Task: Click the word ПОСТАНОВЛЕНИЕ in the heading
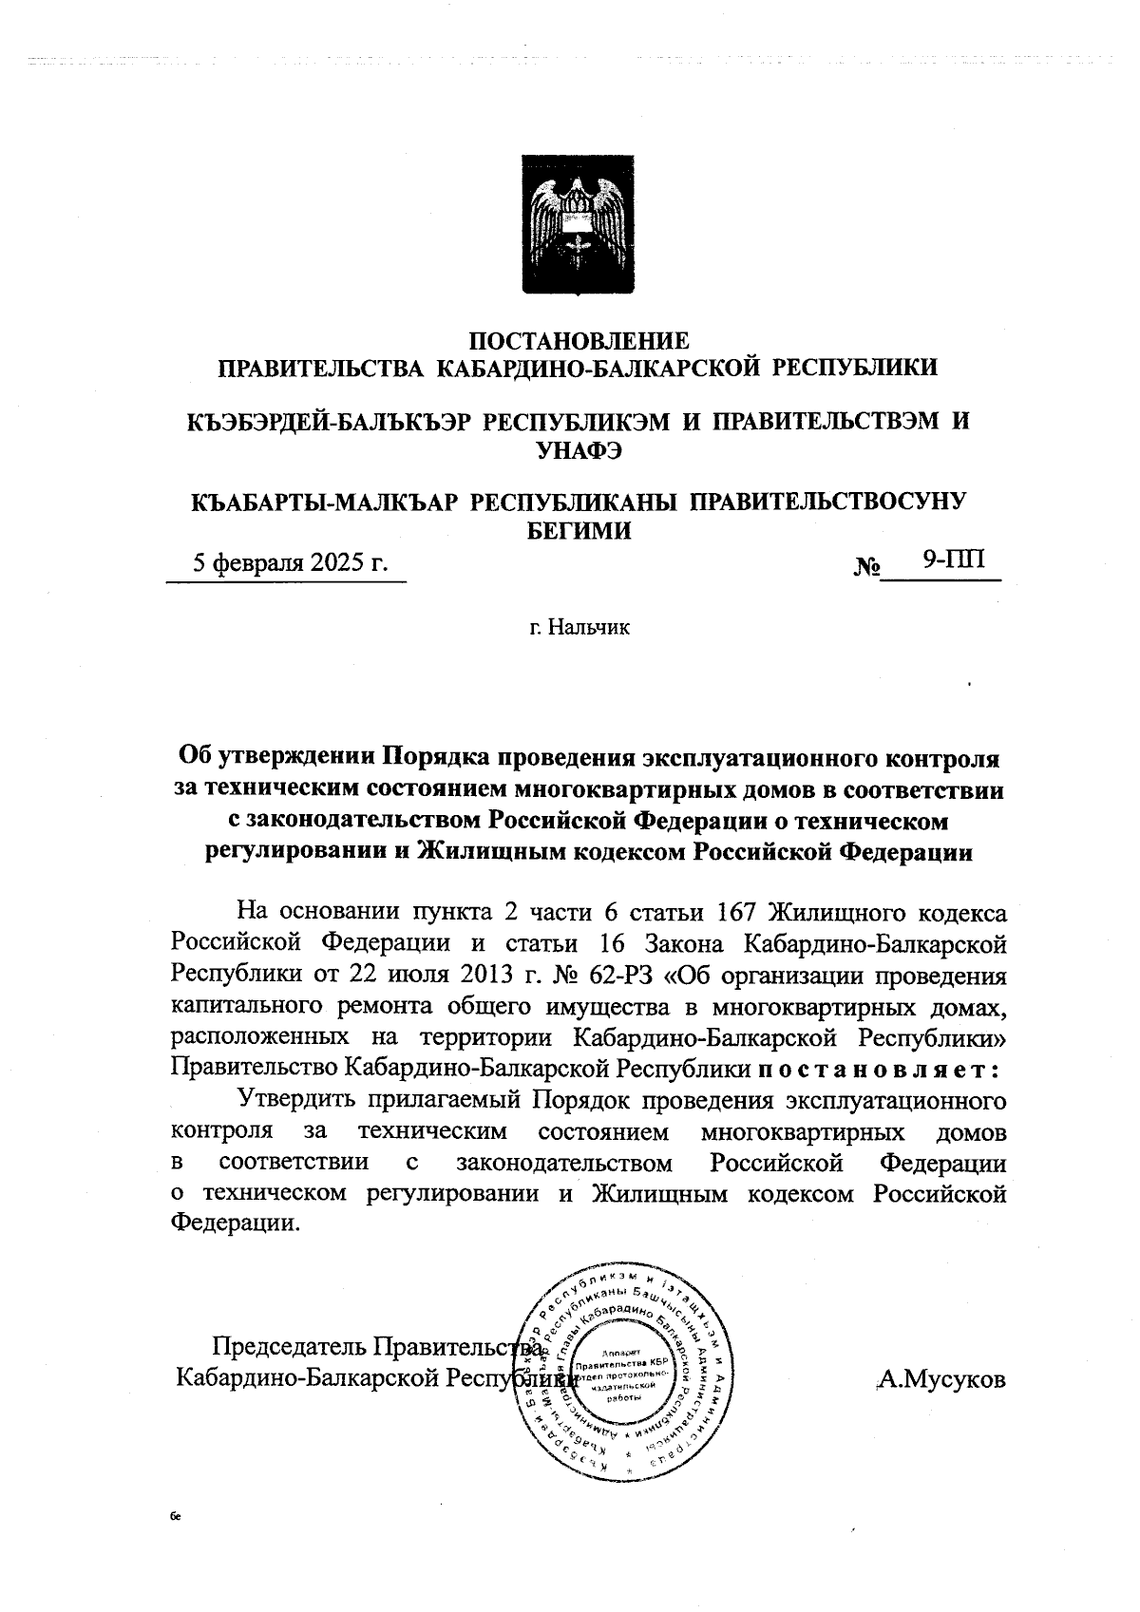click(x=579, y=339)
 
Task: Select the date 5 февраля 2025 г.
click(x=291, y=562)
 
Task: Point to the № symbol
click(x=866, y=567)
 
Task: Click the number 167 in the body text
click(x=731, y=913)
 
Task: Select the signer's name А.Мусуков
click(x=941, y=1379)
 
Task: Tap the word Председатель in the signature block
click(x=288, y=1348)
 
